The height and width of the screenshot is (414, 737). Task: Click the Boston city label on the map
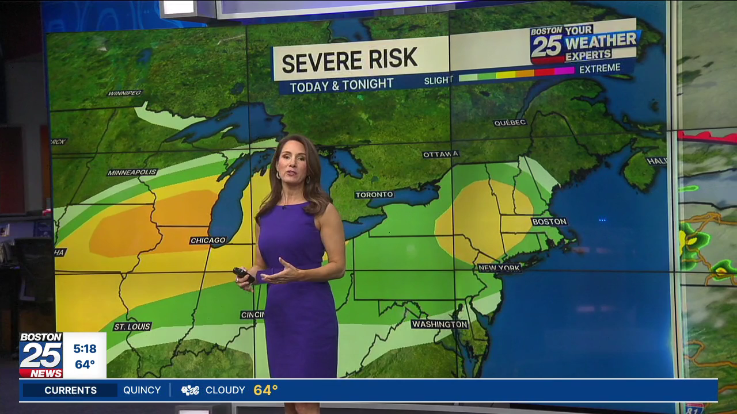549,221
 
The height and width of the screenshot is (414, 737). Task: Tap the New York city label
499,268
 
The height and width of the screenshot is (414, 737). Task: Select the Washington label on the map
439,324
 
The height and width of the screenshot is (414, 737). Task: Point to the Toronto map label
374,195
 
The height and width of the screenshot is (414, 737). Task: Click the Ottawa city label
440,154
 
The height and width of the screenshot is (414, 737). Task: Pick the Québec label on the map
510,122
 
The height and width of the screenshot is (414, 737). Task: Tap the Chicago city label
208,240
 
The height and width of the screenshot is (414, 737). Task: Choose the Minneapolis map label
132,172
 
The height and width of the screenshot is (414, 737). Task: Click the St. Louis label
132,327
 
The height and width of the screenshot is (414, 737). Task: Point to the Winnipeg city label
125,93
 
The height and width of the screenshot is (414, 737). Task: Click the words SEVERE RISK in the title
349,60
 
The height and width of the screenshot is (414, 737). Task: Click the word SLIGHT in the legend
438,80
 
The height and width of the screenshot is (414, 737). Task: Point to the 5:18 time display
85,348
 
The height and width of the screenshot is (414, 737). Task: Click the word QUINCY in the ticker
142,390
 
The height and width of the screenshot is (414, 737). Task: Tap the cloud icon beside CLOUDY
190,390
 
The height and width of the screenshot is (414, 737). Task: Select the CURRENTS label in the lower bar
71,390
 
